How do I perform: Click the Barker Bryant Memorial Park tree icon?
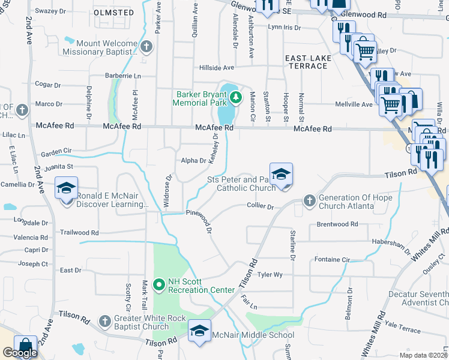point(236,97)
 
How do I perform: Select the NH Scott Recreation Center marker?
point(159,284)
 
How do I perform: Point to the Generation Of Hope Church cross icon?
point(309,200)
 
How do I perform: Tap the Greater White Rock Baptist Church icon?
point(105,321)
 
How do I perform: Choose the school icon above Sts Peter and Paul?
point(280,175)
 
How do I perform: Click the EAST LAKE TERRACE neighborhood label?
point(306,61)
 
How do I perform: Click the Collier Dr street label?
point(260,206)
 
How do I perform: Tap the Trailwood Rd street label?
point(79,232)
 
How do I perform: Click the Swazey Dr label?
point(50,11)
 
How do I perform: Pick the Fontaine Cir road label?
point(332,259)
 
